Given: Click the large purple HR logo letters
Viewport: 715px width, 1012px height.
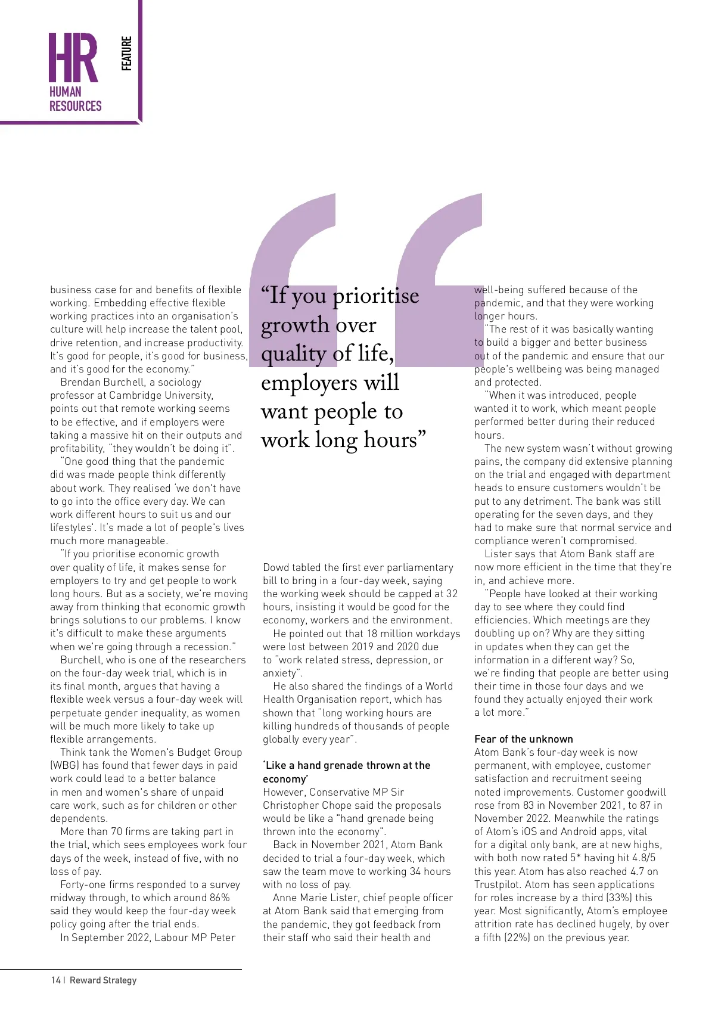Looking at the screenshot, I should click(x=73, y=58).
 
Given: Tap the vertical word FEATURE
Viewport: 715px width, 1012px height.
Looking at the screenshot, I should click(x=126, y=54).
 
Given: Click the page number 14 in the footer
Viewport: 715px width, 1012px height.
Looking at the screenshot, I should click(x=55, y=980).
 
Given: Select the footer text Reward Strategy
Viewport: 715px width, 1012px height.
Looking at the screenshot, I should click(x=103, y=980).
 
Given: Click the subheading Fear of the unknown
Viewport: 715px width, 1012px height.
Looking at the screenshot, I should click(x=523, y=739).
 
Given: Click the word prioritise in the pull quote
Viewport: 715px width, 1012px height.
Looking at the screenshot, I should click(x=376, y=296).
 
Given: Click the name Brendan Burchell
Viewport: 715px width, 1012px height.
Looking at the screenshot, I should click(x=101, y=382).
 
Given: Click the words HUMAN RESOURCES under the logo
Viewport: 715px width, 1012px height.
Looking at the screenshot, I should click(x=75, y=99).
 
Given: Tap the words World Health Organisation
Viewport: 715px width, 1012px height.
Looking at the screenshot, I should click(x=357, y=693).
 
